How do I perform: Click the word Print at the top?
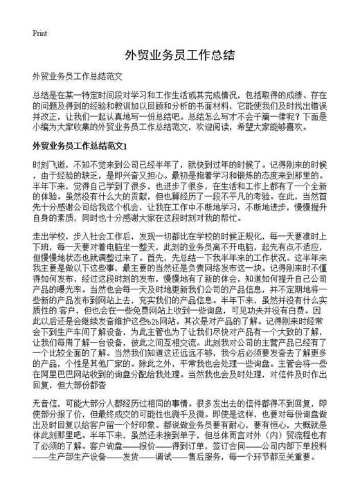(x=39, y=33)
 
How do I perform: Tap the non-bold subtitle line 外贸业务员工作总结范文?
(x=77, y=75)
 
